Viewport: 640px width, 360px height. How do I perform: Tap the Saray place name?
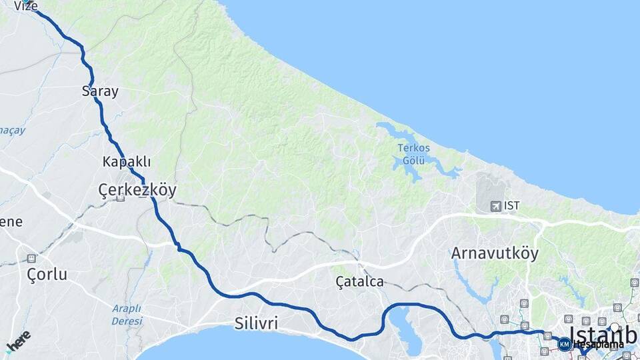click(x=100, y=92)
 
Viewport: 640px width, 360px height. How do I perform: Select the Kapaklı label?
click(x=127, y=162)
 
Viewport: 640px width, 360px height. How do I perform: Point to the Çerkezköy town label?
click(x=137, y=190)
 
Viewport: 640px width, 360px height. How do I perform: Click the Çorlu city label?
click(x=47, y=274)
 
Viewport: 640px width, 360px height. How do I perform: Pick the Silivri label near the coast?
click(x=256, y=324)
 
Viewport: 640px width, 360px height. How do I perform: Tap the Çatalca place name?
click(x=360, y=282)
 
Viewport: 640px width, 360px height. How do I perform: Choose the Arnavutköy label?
click(x=495, y=253)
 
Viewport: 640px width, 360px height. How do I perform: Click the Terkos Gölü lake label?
click(x=414, y=154)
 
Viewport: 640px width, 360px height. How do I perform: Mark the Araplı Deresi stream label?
click(x=127, y=315)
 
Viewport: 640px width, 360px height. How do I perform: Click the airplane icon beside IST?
click(x=495, y=206)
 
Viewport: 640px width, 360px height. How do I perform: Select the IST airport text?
click(x=512, y=206)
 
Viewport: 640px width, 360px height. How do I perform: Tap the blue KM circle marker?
click(x=565, y=344)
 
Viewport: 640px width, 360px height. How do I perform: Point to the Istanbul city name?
click(x=604, y=334)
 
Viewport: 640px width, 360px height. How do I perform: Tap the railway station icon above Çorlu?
click(x=31, y=258)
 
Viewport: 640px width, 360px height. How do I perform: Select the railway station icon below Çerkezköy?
click(x=120, y=198)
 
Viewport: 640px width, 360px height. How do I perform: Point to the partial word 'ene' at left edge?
click(x=11, y=222)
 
